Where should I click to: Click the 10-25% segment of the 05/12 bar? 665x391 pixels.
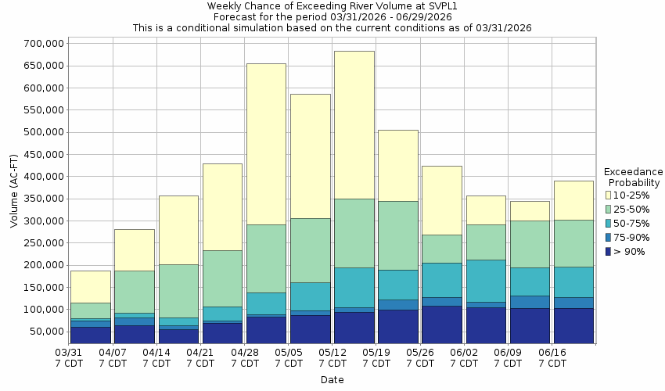point(354,125)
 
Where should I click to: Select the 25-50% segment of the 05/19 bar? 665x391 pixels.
point(397,235)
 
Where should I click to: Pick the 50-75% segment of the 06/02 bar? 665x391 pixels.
point(486,281)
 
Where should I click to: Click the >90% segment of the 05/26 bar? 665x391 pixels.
point(441,325)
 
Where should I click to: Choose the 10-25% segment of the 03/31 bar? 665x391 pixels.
point(90,286)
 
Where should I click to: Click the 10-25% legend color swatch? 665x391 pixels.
point(609,195)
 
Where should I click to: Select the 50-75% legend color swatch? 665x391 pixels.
point(609,223)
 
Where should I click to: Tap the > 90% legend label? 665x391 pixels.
point(631,252)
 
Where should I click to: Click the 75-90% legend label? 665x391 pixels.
point(632,238)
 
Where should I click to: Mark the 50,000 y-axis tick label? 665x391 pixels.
point(42,332)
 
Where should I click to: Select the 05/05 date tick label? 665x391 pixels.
point(289,357)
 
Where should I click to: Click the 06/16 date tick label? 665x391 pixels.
point(552,357)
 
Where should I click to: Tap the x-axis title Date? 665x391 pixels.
point(332,380)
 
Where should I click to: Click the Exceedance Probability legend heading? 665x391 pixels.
point(633,177)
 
